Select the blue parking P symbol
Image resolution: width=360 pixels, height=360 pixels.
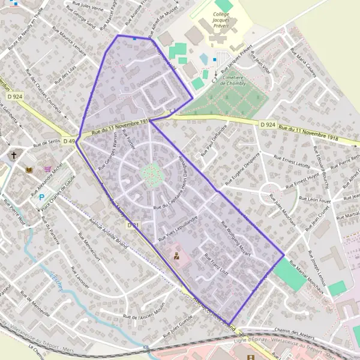pyautogui.click(x=41, y=197)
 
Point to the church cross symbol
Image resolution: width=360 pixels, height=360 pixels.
pyautogui.click(x=14, y=155)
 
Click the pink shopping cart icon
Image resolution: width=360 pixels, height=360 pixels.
pyautogui.click(x=47, y=169)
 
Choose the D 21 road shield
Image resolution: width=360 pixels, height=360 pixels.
pyautogui.click(x=133, y=225)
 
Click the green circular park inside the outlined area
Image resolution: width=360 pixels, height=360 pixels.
pyautogui.click(x=152, y=174)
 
